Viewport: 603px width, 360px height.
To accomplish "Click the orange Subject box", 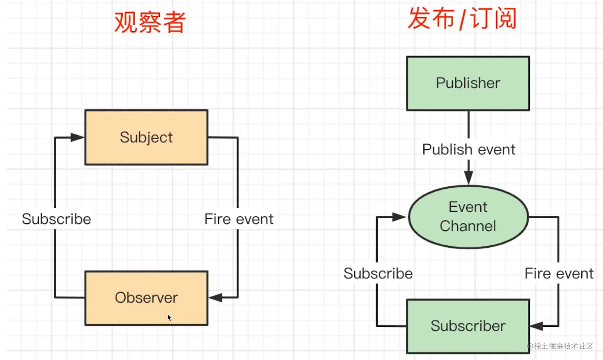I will [146, 138].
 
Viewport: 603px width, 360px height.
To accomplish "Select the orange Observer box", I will [146, 298].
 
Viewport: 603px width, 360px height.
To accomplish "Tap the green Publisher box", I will [468, 84].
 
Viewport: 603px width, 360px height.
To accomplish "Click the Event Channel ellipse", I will [468, 217].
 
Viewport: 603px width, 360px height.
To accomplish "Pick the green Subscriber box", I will [468, 326].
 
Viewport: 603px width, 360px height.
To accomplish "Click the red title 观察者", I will [150, 22].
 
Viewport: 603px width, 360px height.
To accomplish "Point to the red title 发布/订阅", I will [462, 19].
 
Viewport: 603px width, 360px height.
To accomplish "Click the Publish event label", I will [469, 150].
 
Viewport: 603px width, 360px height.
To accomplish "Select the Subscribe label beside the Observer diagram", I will [57, 219].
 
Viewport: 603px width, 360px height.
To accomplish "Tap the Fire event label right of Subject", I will [239, 219].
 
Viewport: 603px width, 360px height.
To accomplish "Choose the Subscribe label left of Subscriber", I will [378, 274].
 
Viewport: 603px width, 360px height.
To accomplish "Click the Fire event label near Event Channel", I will [559, 274].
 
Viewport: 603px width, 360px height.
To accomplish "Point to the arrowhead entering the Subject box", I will [78, 138].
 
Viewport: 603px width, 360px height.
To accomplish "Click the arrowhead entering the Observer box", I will [215, 298].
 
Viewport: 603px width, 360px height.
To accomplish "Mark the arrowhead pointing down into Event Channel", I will [469, 178].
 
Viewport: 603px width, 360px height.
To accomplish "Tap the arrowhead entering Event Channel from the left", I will [399, 217].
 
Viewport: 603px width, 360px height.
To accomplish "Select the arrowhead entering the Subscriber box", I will [537, 326].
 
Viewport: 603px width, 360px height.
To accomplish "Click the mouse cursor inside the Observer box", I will [169, 318].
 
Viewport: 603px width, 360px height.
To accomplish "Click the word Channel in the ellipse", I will [468, 226].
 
